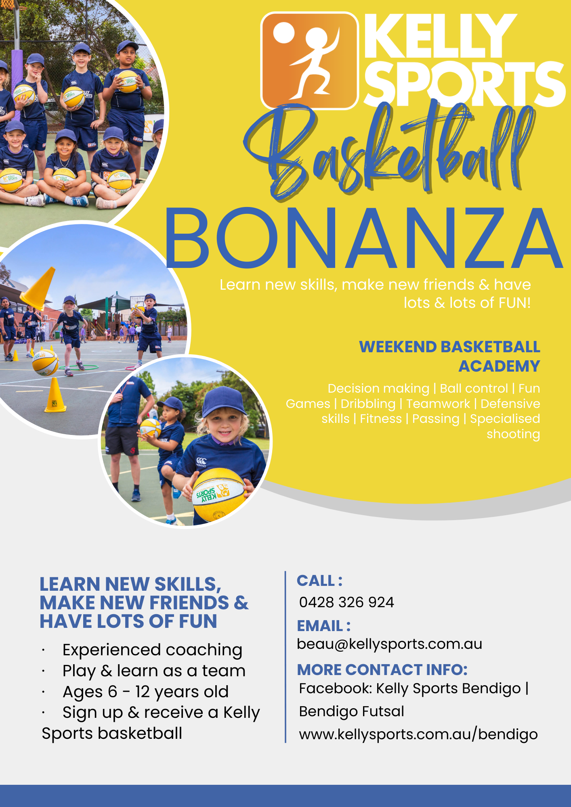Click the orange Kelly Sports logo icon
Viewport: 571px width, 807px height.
[310, 61]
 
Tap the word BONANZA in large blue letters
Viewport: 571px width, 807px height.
[363, 238]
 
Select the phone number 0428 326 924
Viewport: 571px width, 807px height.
[346, 602]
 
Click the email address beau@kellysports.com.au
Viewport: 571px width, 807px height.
[390, 644]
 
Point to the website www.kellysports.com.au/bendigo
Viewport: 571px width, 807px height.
[418, 734]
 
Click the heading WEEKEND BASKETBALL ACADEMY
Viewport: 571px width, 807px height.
[449, 356]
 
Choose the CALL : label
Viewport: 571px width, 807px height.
[320, 581]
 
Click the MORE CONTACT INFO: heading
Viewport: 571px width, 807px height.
[382, 670]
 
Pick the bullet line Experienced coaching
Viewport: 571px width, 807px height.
[152, 650]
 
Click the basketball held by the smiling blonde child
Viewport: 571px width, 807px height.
[218, 495]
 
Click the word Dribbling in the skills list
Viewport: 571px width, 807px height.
[368, 404]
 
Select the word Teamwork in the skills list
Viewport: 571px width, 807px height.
[438, 404]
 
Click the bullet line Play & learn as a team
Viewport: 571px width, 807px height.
[154, 671]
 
